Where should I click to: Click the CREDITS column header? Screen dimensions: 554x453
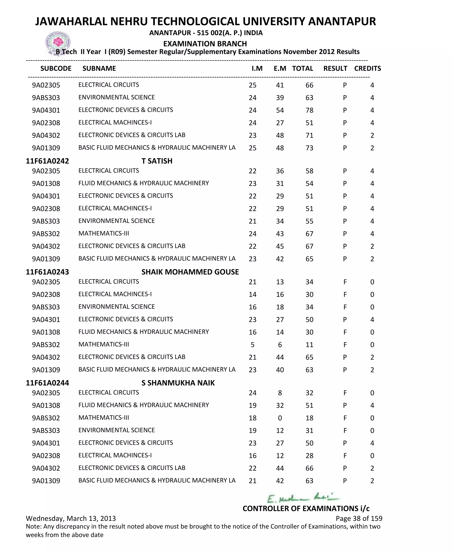click(367, 68)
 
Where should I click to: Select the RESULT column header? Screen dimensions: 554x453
click(335, 68)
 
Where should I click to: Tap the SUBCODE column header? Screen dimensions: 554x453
click(56, 68)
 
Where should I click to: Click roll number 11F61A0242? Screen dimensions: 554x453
click(47, 161)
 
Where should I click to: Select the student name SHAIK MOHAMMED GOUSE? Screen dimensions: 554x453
click(190, 272)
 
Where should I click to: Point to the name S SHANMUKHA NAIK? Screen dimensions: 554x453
click(178, 383)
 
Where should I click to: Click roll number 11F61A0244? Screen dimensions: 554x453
click(47, 383)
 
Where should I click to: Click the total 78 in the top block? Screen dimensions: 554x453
click(309, 110)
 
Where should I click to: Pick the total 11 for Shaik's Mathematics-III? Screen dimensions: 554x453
click(309, 345)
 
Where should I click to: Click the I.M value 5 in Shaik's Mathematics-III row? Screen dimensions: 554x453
click(252, 345)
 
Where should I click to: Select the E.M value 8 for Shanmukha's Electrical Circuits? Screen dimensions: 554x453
click(280, 393)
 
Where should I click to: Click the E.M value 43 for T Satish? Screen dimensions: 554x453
click(280, 234)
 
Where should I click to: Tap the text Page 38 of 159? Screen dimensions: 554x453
click(359, 519)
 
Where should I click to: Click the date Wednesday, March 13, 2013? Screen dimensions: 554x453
click(71, 519)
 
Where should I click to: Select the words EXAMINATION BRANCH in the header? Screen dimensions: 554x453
click(205, 44)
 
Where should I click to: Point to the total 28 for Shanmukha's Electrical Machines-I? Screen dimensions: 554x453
click(309, 456)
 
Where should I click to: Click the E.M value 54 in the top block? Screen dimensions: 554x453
click(280, 110)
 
